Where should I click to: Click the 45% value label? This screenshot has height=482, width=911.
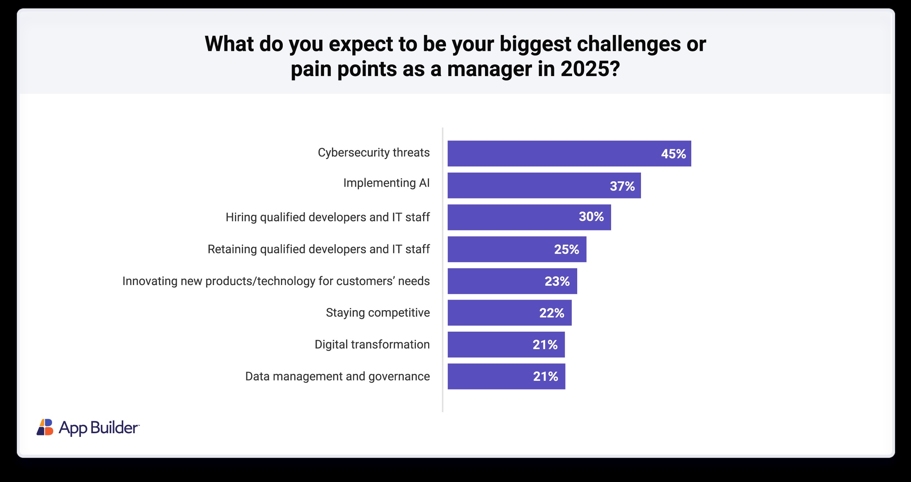tap(673, 154)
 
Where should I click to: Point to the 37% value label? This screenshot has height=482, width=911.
tap(622, 186)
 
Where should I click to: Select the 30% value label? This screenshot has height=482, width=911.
tap(591, 217)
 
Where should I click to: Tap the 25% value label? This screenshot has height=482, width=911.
tap(567, 249)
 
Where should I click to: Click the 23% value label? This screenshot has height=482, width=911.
tap(557, 281)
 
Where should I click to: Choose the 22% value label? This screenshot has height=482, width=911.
tap(552, 313)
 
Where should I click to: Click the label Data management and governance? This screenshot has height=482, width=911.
tap(337, 376)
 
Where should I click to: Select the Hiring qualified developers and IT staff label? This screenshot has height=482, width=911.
tap(328, 217)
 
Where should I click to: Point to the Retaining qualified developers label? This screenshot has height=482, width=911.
tap(318, 249)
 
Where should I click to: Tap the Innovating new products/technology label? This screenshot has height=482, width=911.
tap(276, 281)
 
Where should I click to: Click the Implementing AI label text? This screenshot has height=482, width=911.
tap(386, 183)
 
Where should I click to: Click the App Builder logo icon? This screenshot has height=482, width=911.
tap(45, 427)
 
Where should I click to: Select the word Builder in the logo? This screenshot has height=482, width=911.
tap(114, 428)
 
